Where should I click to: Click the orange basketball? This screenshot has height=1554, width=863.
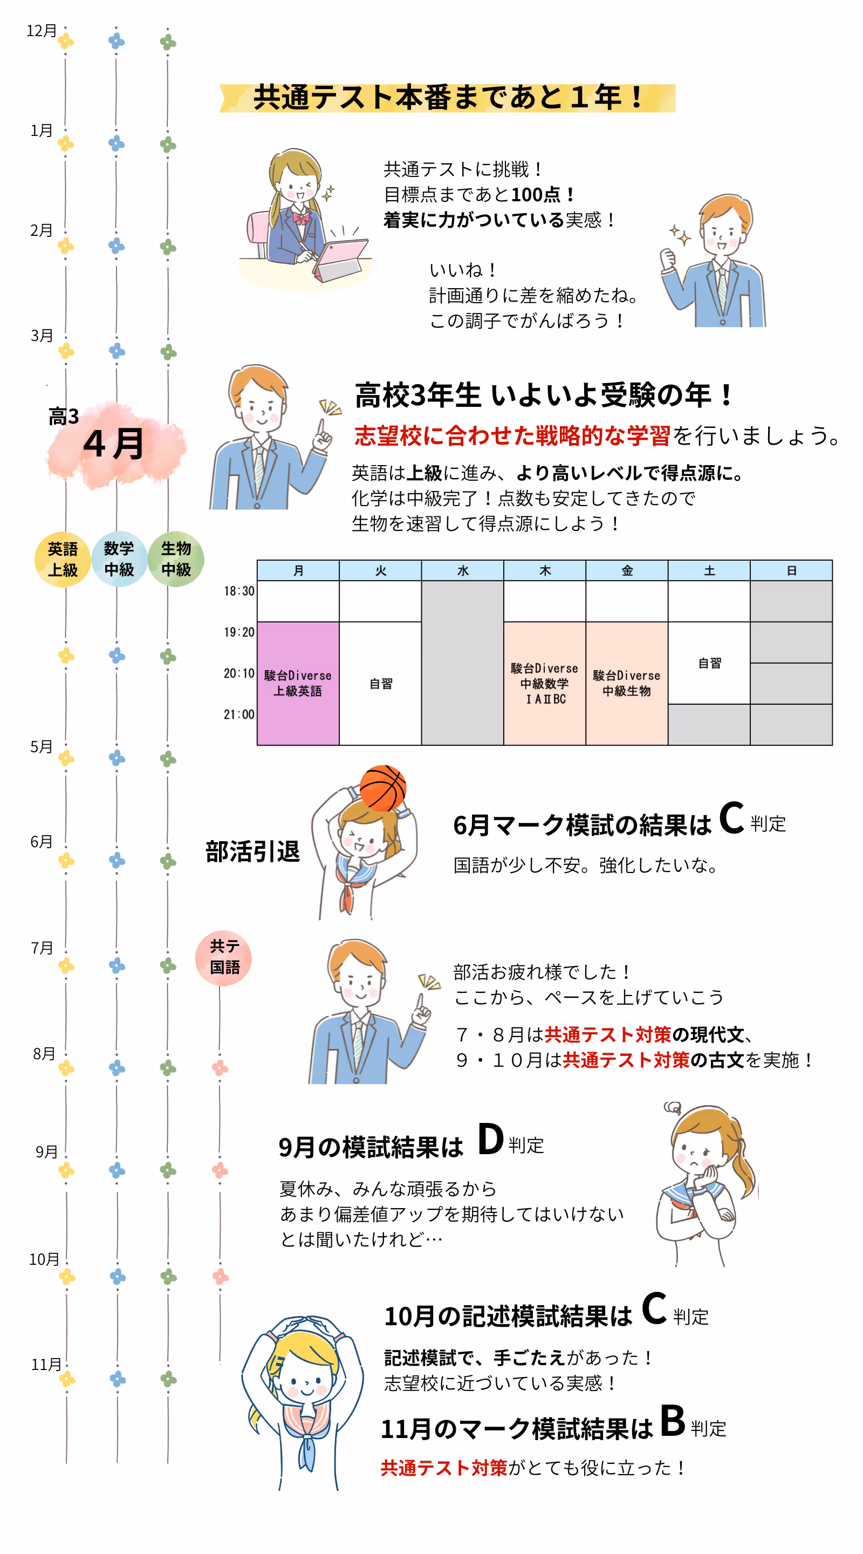click(382, 788)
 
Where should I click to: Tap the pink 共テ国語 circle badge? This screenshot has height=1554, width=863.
click(223, 957)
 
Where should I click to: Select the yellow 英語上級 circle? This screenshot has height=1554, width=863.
click(63, 559)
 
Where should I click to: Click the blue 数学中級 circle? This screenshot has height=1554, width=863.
click(119, 559)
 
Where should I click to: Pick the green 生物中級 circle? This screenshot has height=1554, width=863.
click(175, 559)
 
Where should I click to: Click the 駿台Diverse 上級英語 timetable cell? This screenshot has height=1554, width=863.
click(298, 683)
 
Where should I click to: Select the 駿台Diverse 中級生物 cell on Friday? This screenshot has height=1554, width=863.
click(627, 683)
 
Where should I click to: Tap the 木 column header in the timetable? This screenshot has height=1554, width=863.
click(545, 571)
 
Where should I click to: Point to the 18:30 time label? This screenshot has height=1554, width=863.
click(239, 591)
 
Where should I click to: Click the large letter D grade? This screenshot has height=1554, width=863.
click(490, 1139)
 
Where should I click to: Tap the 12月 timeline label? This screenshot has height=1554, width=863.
click(42, 31)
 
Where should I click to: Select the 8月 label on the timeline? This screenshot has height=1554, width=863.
click(44, 1054)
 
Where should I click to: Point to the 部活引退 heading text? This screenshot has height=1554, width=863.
click(252, 851)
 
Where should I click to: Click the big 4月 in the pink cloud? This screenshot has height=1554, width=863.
click(114, 444)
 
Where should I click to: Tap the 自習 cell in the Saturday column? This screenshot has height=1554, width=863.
click(709, 663)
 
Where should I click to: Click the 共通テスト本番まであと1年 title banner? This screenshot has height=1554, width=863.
click(448, 98)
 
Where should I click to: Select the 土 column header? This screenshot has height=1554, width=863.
click(709, 571)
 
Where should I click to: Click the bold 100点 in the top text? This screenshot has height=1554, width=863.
click(536, 195)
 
